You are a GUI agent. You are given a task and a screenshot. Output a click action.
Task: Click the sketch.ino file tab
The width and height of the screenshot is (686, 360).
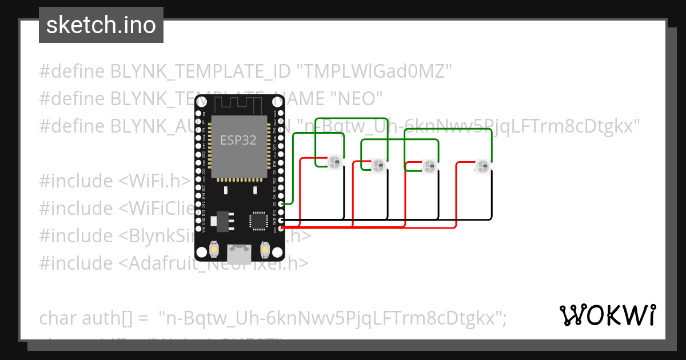click(x=101, y=25)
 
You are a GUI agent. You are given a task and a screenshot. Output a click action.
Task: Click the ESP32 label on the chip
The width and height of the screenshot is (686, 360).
click(x=238, y=139)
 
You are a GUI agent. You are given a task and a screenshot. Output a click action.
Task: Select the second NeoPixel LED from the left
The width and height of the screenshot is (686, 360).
click(x=378, y=166)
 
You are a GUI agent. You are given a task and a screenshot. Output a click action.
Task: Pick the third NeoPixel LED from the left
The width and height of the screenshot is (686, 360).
click(x=429, y=166)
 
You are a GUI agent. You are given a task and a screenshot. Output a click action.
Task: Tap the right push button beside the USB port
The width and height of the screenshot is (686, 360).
click(x=265, y=249)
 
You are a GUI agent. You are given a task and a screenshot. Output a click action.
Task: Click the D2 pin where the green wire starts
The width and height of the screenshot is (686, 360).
click(x=281, y=203)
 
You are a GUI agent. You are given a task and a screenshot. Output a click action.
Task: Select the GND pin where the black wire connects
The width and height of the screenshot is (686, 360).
click(x=281, y=220)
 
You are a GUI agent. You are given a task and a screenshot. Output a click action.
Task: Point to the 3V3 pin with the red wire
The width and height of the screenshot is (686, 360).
click(x=281, y=228)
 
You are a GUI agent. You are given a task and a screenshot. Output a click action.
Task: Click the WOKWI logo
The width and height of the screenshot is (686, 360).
click(x=607, y=315)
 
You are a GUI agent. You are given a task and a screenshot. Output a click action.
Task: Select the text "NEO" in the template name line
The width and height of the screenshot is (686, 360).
click(x=357, y=98)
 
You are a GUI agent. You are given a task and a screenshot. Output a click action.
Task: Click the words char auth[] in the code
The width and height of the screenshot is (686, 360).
click(x=86, y=318)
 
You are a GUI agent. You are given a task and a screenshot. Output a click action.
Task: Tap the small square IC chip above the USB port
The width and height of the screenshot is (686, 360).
click(x=258, y=221)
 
